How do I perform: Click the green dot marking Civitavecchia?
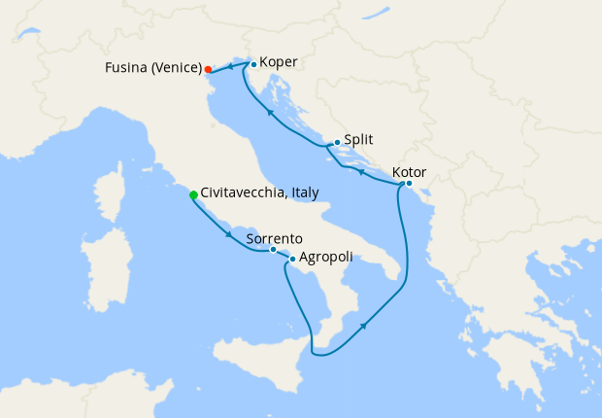(193, 195)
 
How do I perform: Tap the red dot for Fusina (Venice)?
(208, 69)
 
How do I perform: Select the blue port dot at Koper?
(253, 65)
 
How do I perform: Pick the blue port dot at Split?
(336, 143)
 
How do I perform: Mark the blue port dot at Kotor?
(409, 184)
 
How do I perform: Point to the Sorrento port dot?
(273, 250)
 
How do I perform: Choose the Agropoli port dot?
(292, 259)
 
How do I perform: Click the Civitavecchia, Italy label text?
(259, 193)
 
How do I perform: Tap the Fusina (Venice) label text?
(153, 68)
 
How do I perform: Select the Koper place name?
(279, 64)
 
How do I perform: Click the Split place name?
(358, 140)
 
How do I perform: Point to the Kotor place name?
(409, 172)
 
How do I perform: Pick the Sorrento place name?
(275, 237)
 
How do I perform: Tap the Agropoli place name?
(325, 259)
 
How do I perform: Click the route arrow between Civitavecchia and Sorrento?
(229, 234)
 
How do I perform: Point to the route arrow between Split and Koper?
(268, 114)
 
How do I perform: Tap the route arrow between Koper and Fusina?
(230, 66)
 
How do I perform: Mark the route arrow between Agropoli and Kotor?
(364, 327)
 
